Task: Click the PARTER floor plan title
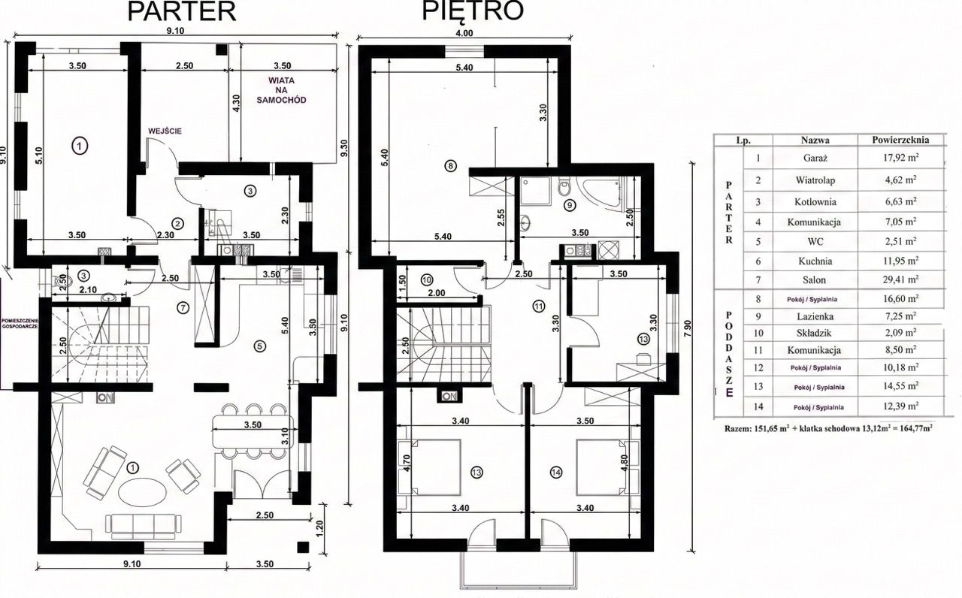182,11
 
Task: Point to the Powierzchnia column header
900,140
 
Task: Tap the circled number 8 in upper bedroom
450,166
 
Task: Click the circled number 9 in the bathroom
569,203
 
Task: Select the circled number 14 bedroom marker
556,473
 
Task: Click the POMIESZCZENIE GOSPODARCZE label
23,324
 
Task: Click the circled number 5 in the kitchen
260,346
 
